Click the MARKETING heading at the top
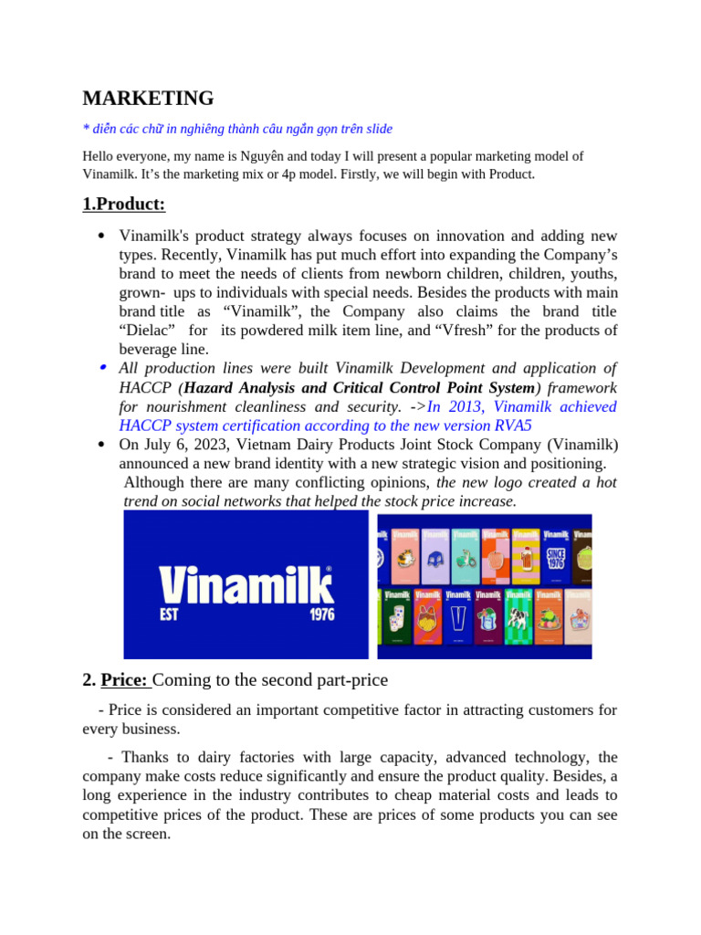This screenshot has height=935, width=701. [x=148, y=99]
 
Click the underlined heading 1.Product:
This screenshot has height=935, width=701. [x=123, y=204]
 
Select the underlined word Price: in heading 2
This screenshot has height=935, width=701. [x=126, y=680]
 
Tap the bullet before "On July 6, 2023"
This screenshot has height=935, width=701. [x=102, y=445]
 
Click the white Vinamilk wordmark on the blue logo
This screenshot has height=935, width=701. [x=246, y=584]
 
